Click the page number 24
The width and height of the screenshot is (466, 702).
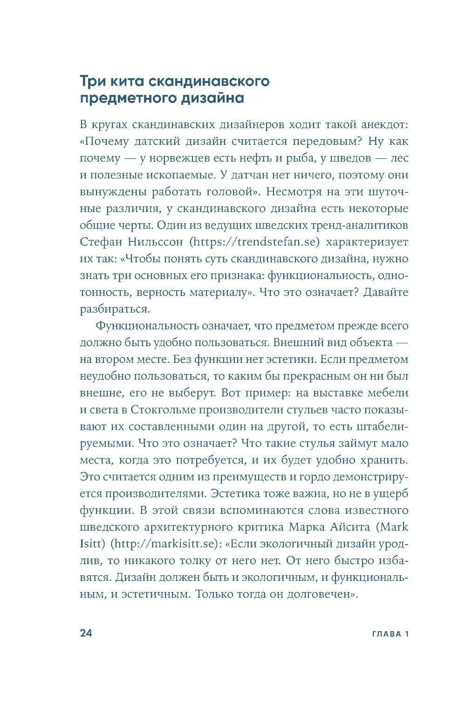point(86,633)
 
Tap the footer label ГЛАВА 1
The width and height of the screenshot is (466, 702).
point(390,634)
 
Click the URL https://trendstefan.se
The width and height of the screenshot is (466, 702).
point(256,242)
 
